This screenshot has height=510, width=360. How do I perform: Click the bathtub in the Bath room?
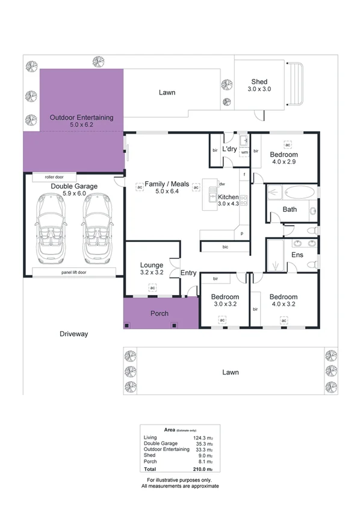click(x=298, y=193)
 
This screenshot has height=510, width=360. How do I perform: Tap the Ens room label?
click(x=297, y=255)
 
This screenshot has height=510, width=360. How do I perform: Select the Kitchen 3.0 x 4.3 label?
click(x=228, y=201)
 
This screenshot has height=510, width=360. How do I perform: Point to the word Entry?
click(x=188, y=273)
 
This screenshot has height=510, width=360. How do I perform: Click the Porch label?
click(x=159, y=314)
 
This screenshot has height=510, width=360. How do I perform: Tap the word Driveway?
click(x=74, y=333)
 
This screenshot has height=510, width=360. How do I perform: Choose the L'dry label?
click(x=229, y=149)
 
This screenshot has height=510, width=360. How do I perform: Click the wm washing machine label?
click(x=244, y=152)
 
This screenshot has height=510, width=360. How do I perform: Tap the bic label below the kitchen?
click(x=225, y=247)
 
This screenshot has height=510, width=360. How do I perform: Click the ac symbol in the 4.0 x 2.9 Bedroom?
click(x=288, y=145)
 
